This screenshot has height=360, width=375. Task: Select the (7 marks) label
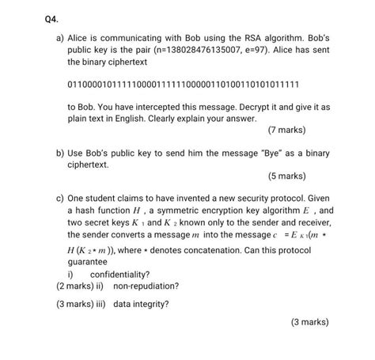tap(286, 129)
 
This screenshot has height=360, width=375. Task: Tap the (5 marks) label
tap(286, 176)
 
